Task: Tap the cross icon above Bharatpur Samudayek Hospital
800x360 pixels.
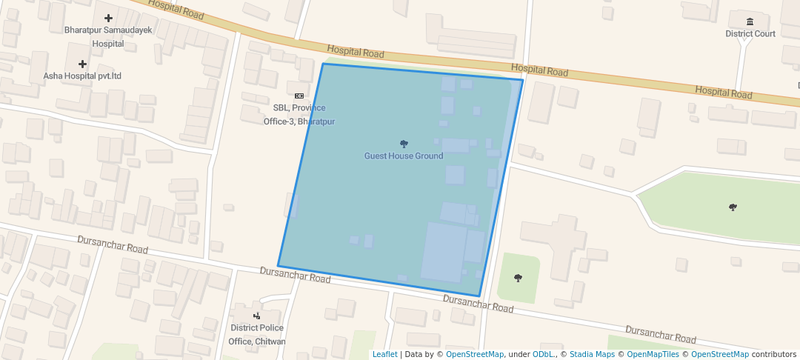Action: pyautogui.click(x=109, y=18)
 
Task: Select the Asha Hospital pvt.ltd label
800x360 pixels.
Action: pyautogui.click(x=82, y=76)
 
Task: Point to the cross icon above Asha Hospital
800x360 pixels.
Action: pyautogui.click(x=82, y=64)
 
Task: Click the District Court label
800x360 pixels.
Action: pyautogui.click(x=750, y=33)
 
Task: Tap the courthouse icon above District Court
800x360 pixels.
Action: pyautogui.click(x=750, y=21)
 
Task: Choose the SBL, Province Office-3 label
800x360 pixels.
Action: pyautogui.click(x=299, y=114)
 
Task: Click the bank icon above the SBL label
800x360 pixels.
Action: pyautogui.click(x=299, y=96)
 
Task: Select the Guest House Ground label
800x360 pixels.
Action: pyautogui.click(x=404, y=156)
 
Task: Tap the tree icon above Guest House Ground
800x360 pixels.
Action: pyautogui.click(x=404, y=144)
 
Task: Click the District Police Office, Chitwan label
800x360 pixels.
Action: pyautogui.click(x=256, y=334)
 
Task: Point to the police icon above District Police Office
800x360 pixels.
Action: pyautogui.click(x=256, y=316)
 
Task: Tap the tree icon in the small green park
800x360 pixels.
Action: pyautogui.click(x=518, y=278)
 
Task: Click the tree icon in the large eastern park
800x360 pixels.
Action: pyautogui.click(x=733, y=207)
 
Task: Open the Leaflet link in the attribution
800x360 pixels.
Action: pyautogui.click(x=384, y=354)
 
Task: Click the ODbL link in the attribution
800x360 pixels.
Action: pyautogui.click(x=544, y=354)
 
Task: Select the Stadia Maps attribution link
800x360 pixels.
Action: pyautogui.click(x=591, y=354)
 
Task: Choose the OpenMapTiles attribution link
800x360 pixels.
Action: pyautogui.click(x=650, y=354)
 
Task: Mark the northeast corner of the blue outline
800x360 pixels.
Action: pyautogui.click(x=523, y=80)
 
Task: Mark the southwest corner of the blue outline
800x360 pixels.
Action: pyautogui.click(x=278, y=266)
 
